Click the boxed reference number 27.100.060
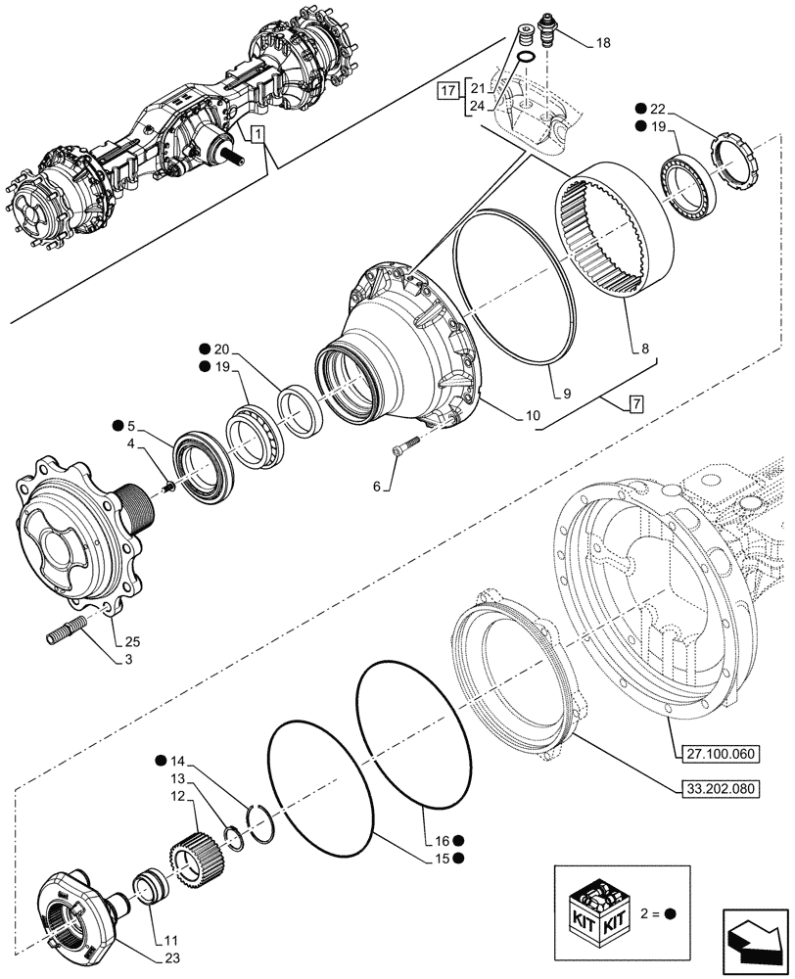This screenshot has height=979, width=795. click(x=717, y=752)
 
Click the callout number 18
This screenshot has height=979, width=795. click(x=601, y=44)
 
